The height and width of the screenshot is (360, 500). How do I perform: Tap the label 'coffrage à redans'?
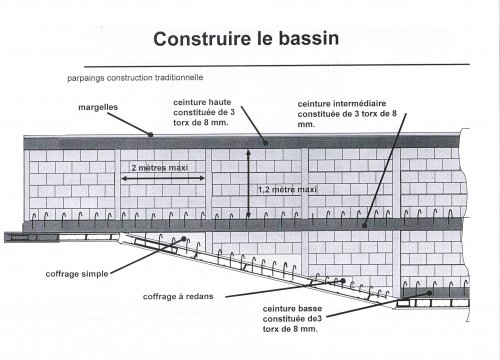coord(177,296)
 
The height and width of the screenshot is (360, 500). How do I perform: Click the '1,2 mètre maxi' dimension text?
coord(288,188)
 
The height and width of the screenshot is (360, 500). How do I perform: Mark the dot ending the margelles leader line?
coord(150,135)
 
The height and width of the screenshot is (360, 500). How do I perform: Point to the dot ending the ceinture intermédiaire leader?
coord(365,224)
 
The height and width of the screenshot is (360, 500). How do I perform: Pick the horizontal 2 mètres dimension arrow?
coord(164,178)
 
